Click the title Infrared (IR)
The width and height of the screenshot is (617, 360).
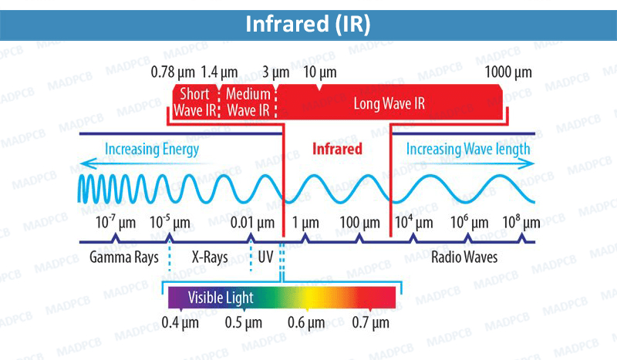(x=308, y=23)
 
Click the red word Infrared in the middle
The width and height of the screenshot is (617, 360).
(x=337, y=149)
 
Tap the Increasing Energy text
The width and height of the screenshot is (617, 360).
(x=152, y=149)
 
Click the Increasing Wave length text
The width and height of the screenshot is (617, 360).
(x=468, y=149)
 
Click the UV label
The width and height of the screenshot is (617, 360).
(x=265, y=257)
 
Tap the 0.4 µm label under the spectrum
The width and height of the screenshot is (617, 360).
(x=180, y=321)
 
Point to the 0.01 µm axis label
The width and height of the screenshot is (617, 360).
(x=253, y=223)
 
